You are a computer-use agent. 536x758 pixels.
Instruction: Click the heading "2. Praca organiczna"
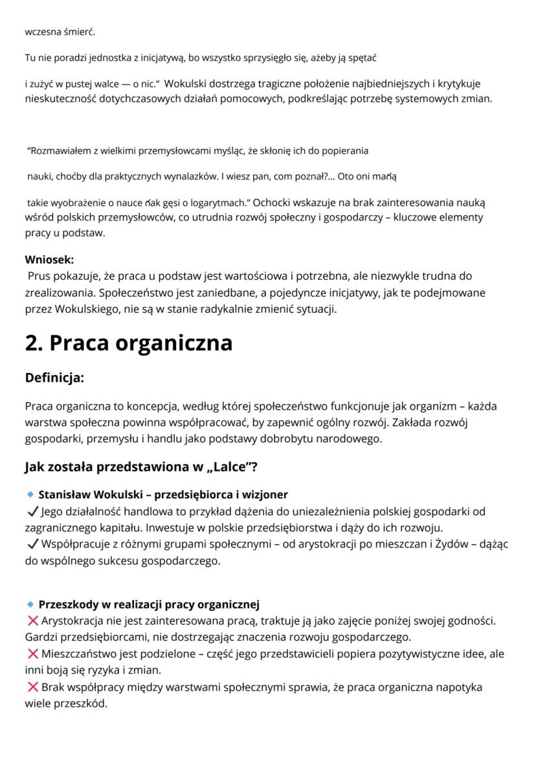tap(128, 342)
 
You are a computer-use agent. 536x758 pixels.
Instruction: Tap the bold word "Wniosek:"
tap(49, 259)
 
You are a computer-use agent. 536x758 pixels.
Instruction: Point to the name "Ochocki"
tap(262, 203)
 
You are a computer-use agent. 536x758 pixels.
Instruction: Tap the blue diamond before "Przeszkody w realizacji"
tap(29, 605)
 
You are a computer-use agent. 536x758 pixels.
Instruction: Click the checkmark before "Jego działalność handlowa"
tap(31, 512)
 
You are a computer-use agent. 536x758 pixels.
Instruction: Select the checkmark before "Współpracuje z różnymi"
tap(31, 545)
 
